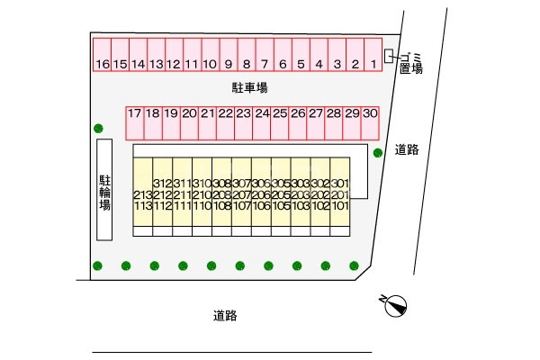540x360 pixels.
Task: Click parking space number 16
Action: coord(102,64)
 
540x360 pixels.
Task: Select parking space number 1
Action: coord(372,64)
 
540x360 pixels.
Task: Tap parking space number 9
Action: coord(229,64)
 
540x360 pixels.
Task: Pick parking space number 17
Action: coord(134,113)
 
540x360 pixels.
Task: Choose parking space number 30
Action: coord(369,113)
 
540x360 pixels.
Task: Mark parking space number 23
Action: coord(243,113)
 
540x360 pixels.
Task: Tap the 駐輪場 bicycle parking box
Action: coord(104,189)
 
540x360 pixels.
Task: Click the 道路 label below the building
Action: coord(225,316)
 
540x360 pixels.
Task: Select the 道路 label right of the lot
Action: coord(407,150)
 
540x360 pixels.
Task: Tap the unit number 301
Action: coord(339,184)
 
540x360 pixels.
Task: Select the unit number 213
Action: coord(142,194)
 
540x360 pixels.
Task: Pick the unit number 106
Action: coord(261,205)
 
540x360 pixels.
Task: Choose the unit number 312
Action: coord(162,184)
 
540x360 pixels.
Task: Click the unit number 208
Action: coord(221,194)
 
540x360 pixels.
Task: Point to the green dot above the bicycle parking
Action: coord(97,128)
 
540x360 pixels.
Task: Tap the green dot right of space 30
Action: coord(378,152)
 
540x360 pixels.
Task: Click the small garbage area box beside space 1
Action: coord(389,56)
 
